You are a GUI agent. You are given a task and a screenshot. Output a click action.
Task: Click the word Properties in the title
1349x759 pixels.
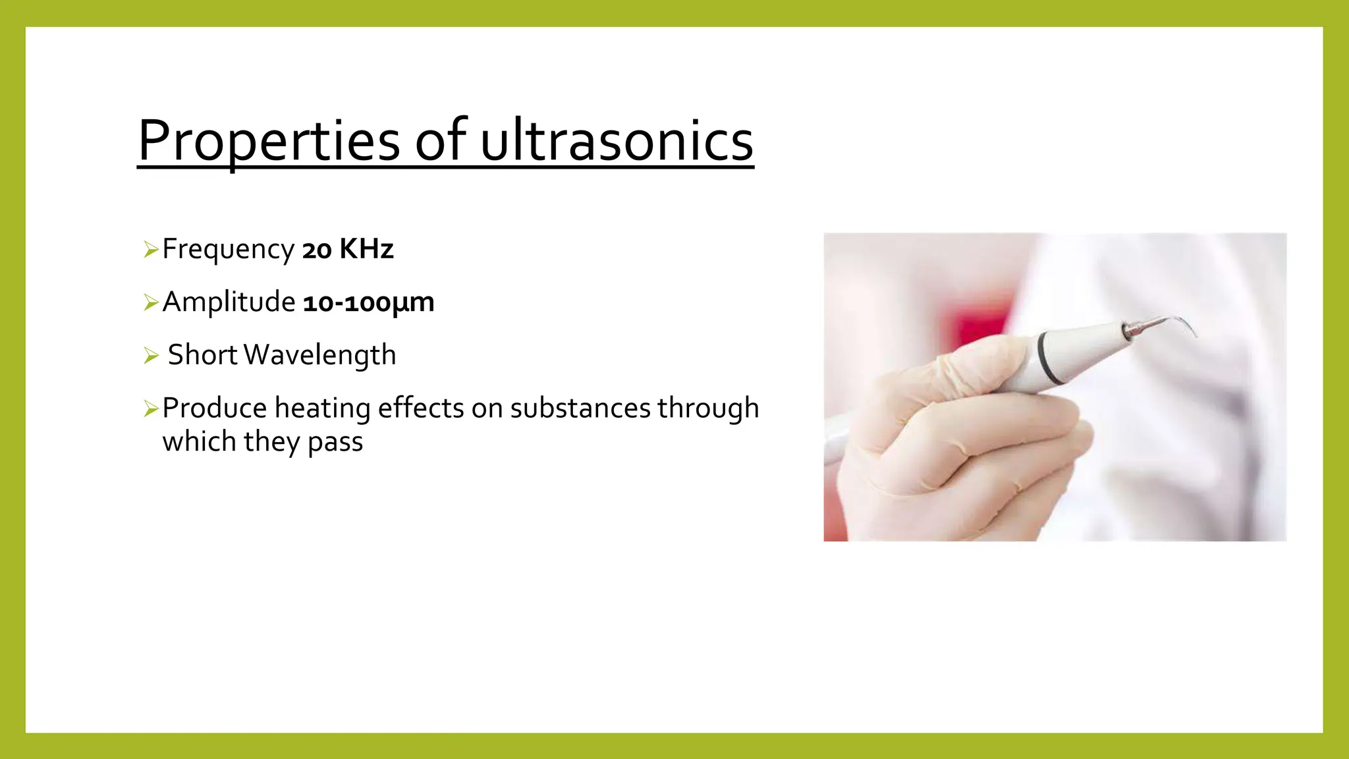point(269,141)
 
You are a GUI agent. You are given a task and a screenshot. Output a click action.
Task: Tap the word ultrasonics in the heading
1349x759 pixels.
point(617,141)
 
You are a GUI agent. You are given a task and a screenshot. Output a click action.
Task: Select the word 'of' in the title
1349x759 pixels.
point(441,141)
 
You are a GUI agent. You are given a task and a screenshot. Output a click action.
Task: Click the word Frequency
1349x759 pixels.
point(228,250)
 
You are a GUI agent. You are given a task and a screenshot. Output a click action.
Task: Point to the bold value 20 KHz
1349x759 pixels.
point(348,250)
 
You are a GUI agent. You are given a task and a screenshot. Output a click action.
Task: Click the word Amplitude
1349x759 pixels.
point(229,302)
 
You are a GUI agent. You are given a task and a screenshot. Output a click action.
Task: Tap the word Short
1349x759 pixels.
point(202,355)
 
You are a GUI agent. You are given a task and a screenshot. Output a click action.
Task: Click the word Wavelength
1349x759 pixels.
point(319,355)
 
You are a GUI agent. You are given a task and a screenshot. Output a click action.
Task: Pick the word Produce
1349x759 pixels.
point(214,408)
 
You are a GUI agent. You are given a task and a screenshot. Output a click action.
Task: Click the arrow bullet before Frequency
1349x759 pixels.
point(151,250)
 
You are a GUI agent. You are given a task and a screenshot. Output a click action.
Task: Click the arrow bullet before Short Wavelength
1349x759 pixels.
point(151,356)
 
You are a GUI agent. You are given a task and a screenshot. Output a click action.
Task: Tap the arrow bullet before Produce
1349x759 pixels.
point(151,409)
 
